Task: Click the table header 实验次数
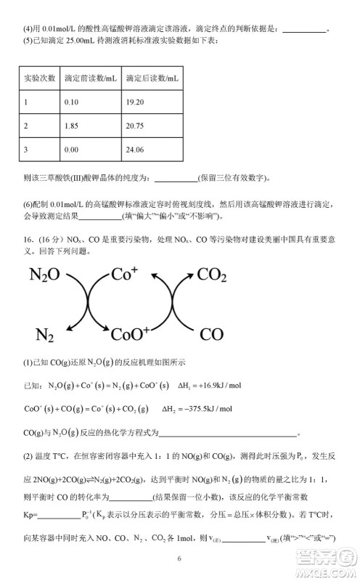[x=38, y=78]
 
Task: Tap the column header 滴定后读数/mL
[x=151, y=78]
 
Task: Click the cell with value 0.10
[x=70, y=102]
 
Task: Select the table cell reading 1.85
[x=70, y=126]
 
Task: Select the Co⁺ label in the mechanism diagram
[x=125, y=275]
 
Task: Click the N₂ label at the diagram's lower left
[x=45, y=335]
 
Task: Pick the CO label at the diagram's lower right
[x=211, y=335]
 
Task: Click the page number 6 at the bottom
[x=179, y=558]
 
